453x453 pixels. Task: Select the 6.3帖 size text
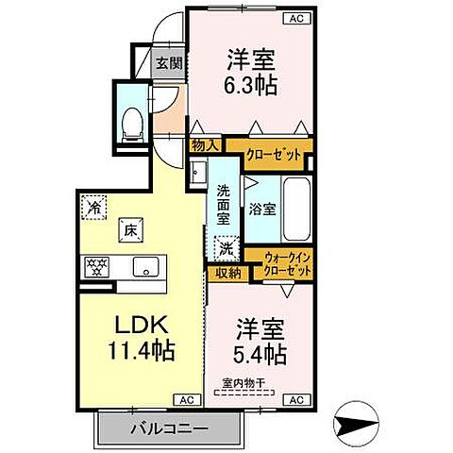pyautogui.click(x=250, y=82)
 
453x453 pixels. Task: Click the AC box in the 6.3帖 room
pyautogui.click(x=296, y=18)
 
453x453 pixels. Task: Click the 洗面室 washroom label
pyautogui.click(x=224, y=203)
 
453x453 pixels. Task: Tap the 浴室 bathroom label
pyautogui.click(x=261, y=210)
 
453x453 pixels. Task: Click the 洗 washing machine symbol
pyautogui.click(x=226, y=249)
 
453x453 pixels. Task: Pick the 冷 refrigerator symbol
pyautogui.click(x=94, y=204)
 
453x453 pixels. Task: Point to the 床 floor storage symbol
pyautogui.click(x=127, y=227)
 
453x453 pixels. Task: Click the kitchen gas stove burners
pyautogui.click(x=98, y=265)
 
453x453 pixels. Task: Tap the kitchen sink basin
pyautogui.click(x=146, y=265)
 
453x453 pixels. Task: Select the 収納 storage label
pyautogui.click(x=226, y=273)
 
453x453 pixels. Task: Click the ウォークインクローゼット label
pyautogui.click(x=288, y=263)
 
